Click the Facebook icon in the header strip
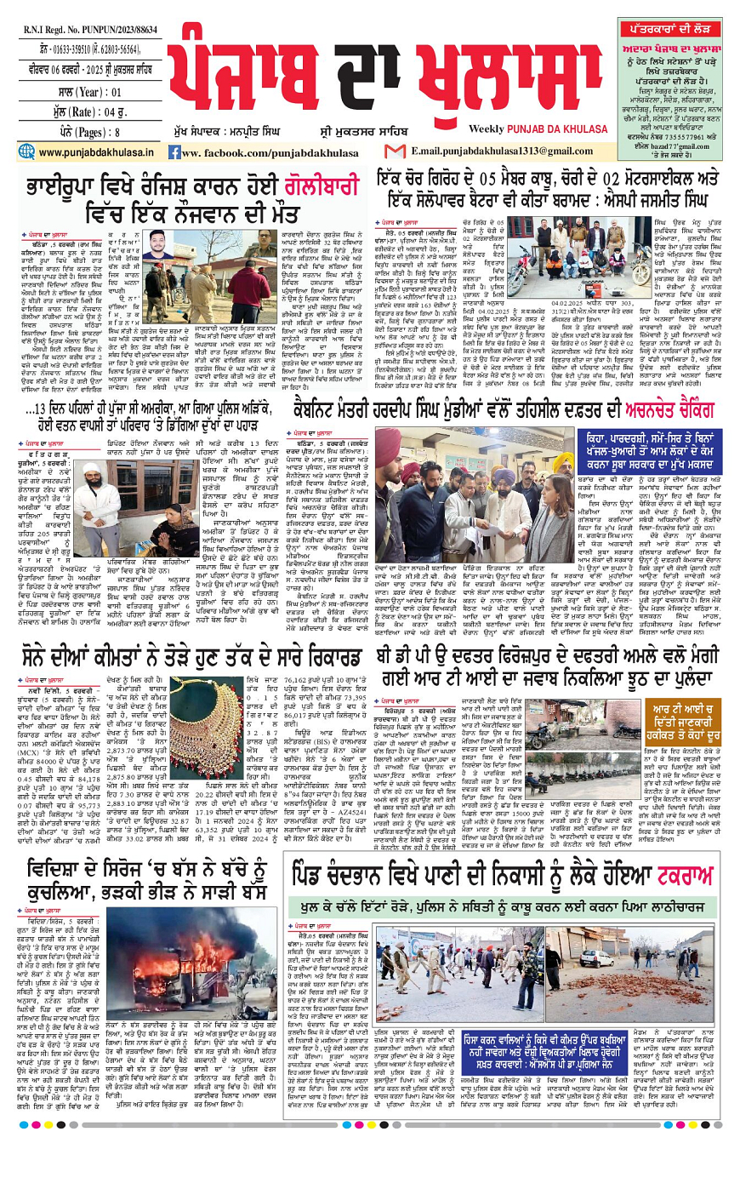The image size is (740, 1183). pos(174,152)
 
